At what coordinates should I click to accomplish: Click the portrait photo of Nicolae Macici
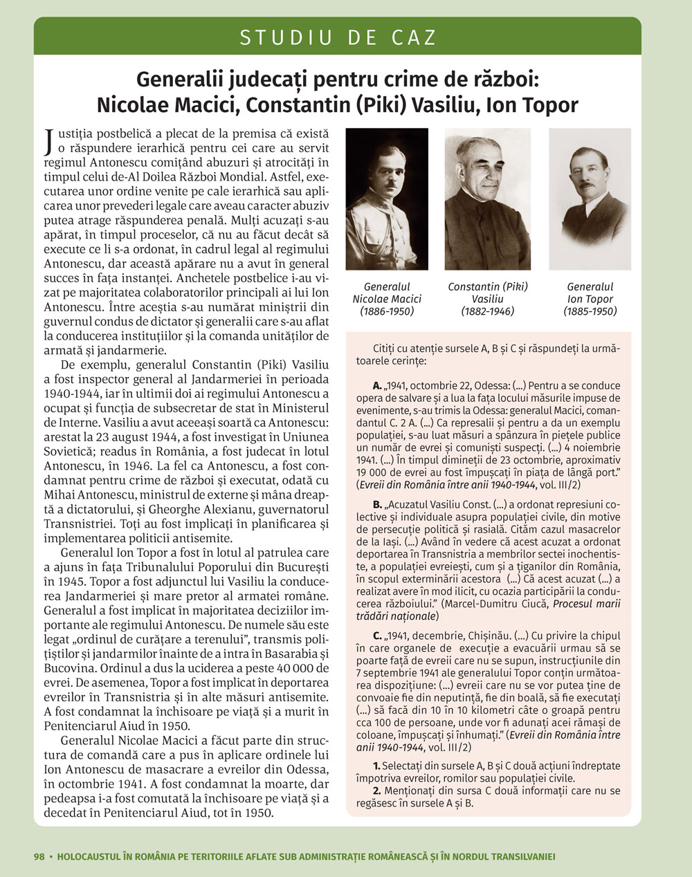[x=386, y=199]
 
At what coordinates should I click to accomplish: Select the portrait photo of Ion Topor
[x=590, y=199]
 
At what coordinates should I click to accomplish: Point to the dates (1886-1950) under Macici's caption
[x=386, y=312]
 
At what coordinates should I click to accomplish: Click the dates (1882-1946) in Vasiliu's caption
[x=488, y=312]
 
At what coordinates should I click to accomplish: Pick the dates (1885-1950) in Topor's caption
[x=590, y=312]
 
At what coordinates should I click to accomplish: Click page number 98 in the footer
[x=39, y=856]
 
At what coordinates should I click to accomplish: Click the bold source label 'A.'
[x=377, y=386]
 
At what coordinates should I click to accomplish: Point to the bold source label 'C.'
[x=377, y=635]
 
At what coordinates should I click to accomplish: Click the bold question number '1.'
[x=376, y=766]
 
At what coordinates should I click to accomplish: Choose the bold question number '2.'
[x=376, y=791]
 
